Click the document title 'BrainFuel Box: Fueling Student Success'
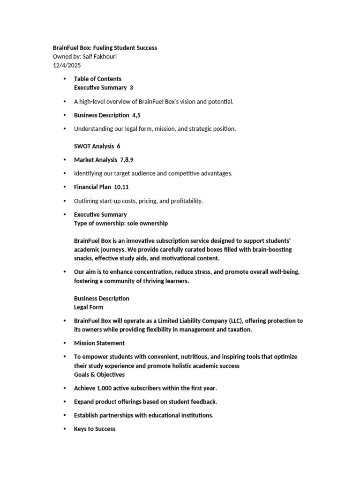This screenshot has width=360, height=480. pos(105,48)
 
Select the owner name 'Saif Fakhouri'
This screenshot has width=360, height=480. pos(99,57)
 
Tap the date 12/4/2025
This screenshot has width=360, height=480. pos(67,66)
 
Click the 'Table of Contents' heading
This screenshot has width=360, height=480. pos(97,79)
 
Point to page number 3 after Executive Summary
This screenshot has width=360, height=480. pos(131,88)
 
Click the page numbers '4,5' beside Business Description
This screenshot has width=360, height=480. pos(136,115)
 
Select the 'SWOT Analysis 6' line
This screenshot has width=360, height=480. pos(97,146)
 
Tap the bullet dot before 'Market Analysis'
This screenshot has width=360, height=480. pos(64,160)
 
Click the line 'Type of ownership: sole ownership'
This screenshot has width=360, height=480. pos(121,224)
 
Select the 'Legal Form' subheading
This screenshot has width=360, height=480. pos(89,307)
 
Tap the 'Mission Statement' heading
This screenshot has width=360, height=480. pos(99,343)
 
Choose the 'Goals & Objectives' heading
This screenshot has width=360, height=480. pos(99,375)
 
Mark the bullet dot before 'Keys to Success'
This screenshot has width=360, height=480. pos(64,429)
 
